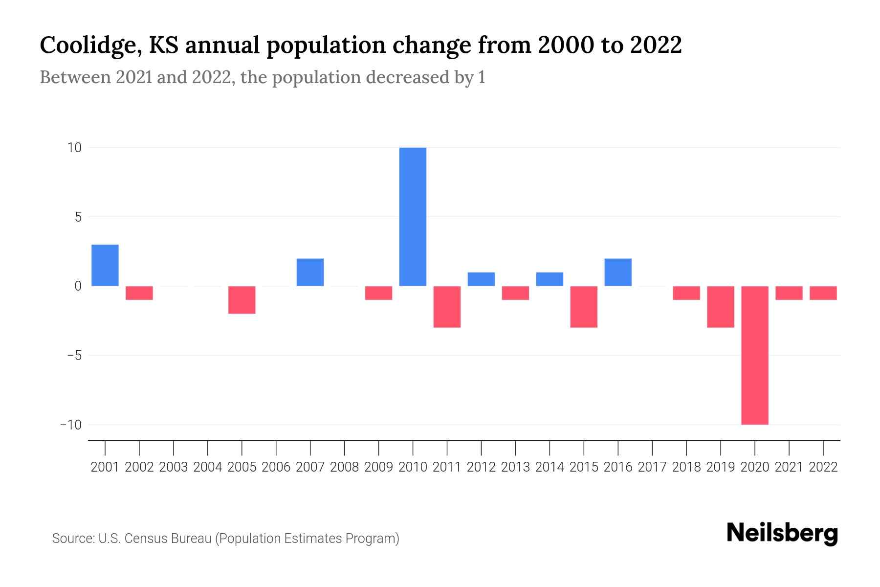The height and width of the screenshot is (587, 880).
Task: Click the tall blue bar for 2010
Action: pyautogui.click(x=413, y=217)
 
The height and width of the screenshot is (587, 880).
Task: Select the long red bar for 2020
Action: pyautogui.click(x=755, y=355)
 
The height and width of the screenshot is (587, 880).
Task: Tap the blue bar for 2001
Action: pyautogui.click(x=105, y=265)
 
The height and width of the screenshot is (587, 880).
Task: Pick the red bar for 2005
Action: pyautogui.click(x=242, y=300)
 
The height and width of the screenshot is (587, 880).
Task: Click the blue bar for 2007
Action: pyautogui.click(x=310, y=272)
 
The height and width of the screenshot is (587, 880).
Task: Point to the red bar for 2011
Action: pyautogui.click(x=447, y=307)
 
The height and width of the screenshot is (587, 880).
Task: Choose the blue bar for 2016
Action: pyautogui.click(x=618, y=272)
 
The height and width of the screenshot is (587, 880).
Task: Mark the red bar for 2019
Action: pyautogui.click(x=721, y=307)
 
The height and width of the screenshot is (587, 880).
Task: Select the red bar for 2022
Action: pyautogui.click(x=823, y=293)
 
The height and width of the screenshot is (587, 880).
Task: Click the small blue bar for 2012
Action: pyautogui.click(x=481, y=279)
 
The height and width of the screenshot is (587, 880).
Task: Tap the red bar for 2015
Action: pyautogui.click(x=584, y=307)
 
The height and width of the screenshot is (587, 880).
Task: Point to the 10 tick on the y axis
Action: pyautogui.click(x=74, y=148)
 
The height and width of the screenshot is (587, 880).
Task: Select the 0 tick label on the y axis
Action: pyautogui.click(x=78, y=286)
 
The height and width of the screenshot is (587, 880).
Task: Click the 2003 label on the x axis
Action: pyautogui.click(x=174, y=467)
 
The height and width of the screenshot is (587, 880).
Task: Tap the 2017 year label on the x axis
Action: pyautogui.click(x=652, y=467)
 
